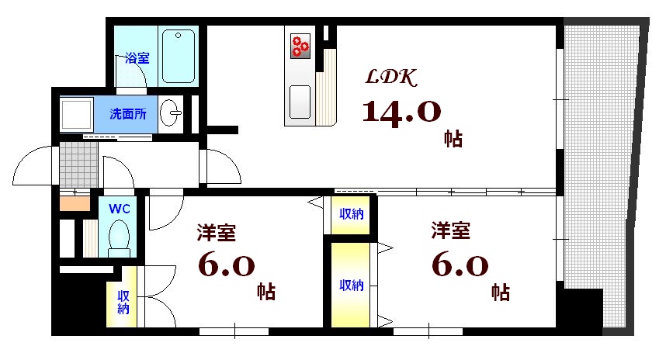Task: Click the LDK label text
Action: [393, 78]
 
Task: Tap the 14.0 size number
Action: [401, 113]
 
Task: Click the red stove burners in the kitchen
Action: [300, 47]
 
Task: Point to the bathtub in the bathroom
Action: [179, 56]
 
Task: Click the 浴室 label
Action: [137, 58]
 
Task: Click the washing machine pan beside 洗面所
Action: [76, 114]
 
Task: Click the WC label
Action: [119, 209]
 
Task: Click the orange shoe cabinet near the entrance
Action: [75, 205]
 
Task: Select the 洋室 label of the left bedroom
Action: [217, 232]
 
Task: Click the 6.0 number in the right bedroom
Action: [460, 266]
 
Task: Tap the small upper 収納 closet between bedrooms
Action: [350, 214]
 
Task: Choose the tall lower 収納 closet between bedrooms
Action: [349, 285]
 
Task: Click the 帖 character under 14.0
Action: [453, 140]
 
